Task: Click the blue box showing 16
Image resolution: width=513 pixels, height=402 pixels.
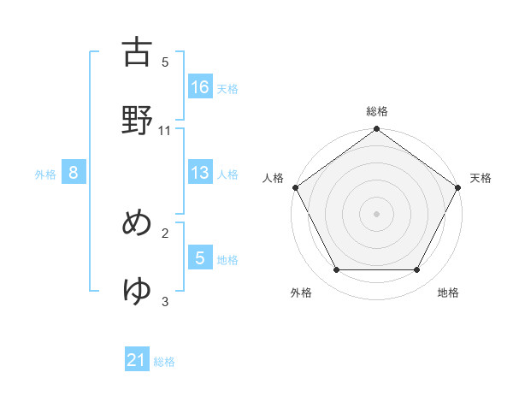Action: tap(200, 86)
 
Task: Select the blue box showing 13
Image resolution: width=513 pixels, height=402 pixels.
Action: tap(200, 173)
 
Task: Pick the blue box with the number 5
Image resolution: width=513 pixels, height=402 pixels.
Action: tap(200, 258)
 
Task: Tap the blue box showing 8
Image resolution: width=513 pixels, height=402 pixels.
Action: tap(74, 173)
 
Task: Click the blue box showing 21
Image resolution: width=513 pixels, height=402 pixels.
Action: tap(137, 360)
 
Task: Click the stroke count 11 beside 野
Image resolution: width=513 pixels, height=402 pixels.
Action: tap(165, 130)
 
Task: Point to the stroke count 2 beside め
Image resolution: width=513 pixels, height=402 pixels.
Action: tap(165, 232)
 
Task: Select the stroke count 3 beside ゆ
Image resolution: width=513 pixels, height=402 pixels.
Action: tap(165, 300)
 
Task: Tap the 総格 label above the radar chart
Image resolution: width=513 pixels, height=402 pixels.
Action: tap(377, 111)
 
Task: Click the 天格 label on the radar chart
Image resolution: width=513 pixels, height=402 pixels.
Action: tap(481, 178)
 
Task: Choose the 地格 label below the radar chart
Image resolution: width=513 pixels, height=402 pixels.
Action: tap(448, 293)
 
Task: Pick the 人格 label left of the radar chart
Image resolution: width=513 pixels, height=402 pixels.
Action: tap(274, 178)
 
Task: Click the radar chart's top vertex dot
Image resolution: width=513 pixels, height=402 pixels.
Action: tap(377, 130)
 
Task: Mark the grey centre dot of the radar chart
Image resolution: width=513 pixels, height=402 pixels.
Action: tap(377, 213)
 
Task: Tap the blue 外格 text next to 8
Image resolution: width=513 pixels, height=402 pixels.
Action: tap(45, 174)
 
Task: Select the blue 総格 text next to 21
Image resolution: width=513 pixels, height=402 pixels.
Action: tap(164, 362)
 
